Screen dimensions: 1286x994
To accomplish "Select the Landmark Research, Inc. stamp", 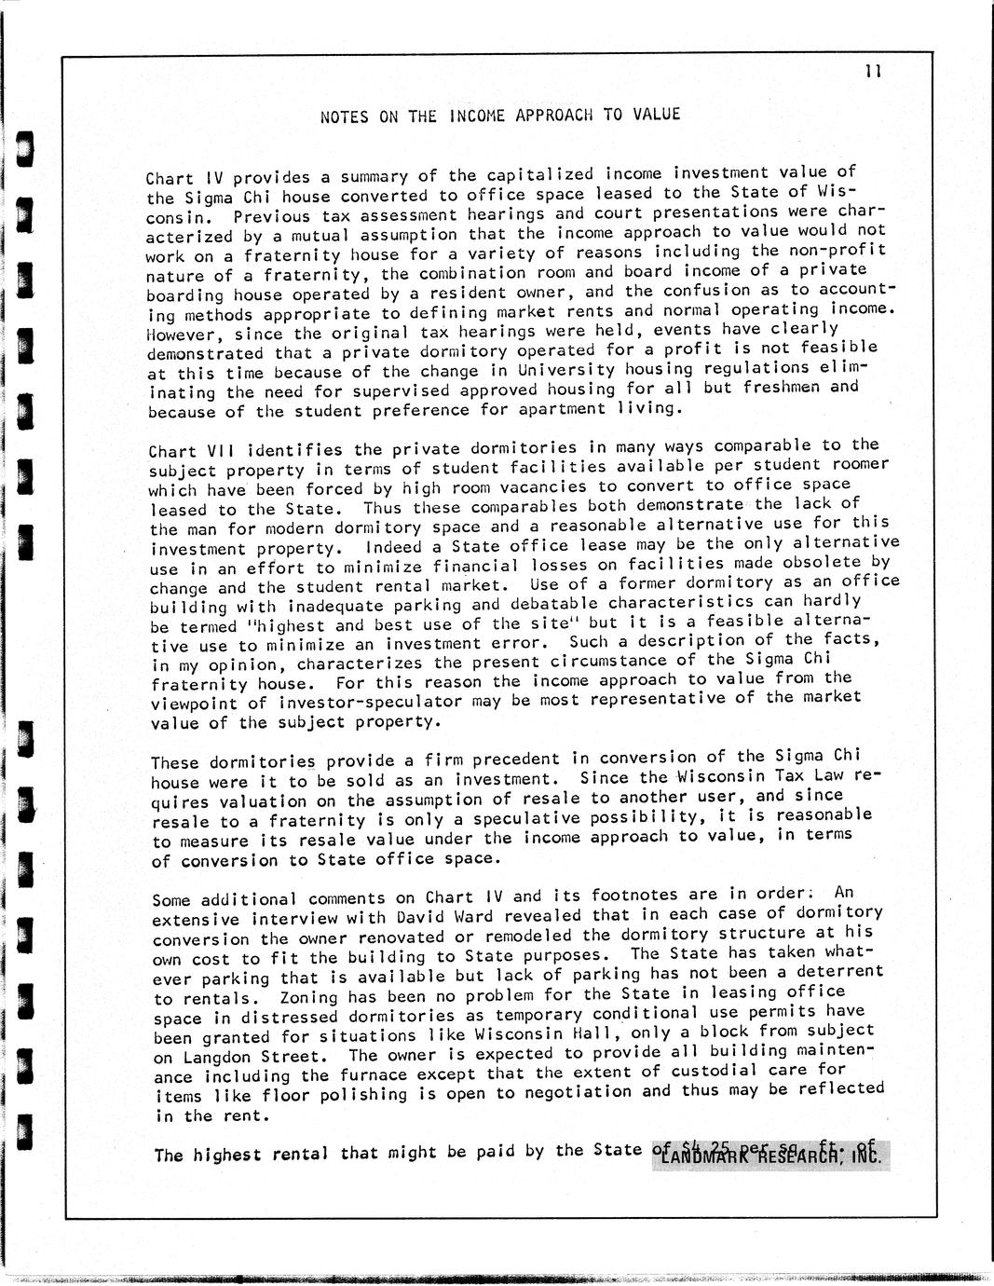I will [771, 1156].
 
